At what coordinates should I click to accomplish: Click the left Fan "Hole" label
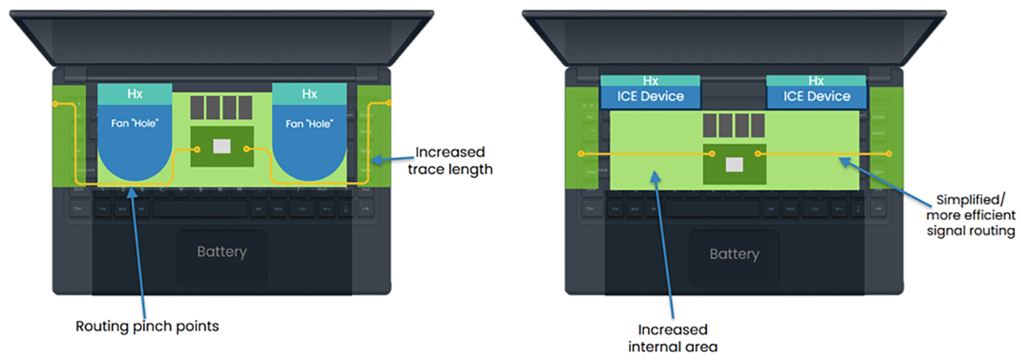tap(135, 123)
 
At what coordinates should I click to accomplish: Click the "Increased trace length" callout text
tap(454, 161)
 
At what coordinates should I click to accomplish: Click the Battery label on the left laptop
tap(222, 252)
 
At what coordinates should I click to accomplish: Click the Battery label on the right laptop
tap(734, 254)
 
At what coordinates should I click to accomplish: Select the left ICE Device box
tap(650, 96)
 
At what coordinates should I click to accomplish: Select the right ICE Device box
tap(817, 96)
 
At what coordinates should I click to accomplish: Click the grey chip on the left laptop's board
tap(221, 146)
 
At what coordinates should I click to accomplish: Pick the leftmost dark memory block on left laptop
tap(197, 107)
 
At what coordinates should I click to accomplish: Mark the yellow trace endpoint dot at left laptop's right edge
tap(388, 103)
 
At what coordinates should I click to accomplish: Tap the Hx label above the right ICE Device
tap(817, 81)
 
